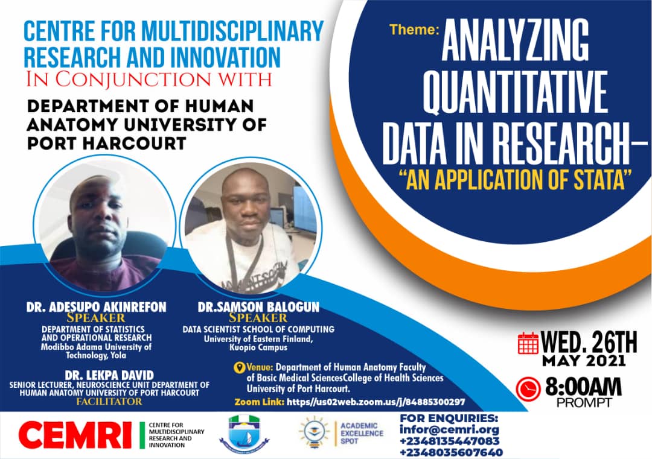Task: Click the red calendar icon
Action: [x=528, y=343]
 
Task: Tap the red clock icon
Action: [x=528, y=389]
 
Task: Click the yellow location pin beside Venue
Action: [x=239, y=367]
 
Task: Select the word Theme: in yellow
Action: [x=414, y=30]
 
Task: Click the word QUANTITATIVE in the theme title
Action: [x=516, y=93]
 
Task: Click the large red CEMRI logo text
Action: [x=75, y=435]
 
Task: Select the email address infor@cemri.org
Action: [x=449, y=429]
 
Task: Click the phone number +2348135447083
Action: [x=450, y=441]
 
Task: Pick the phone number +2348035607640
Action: [x=451, y=452]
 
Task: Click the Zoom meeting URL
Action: [x=376, y=402]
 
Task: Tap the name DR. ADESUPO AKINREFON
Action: [x=97, y=307]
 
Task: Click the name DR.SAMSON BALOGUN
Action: [x=258, y=307]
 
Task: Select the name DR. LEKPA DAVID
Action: [x=109, y=375]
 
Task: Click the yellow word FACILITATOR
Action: [x=109, y=401]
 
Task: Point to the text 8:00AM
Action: [x=583, y=387]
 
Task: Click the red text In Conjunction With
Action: [x=149, y=79]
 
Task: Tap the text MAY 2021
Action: [x=584, y=361]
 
